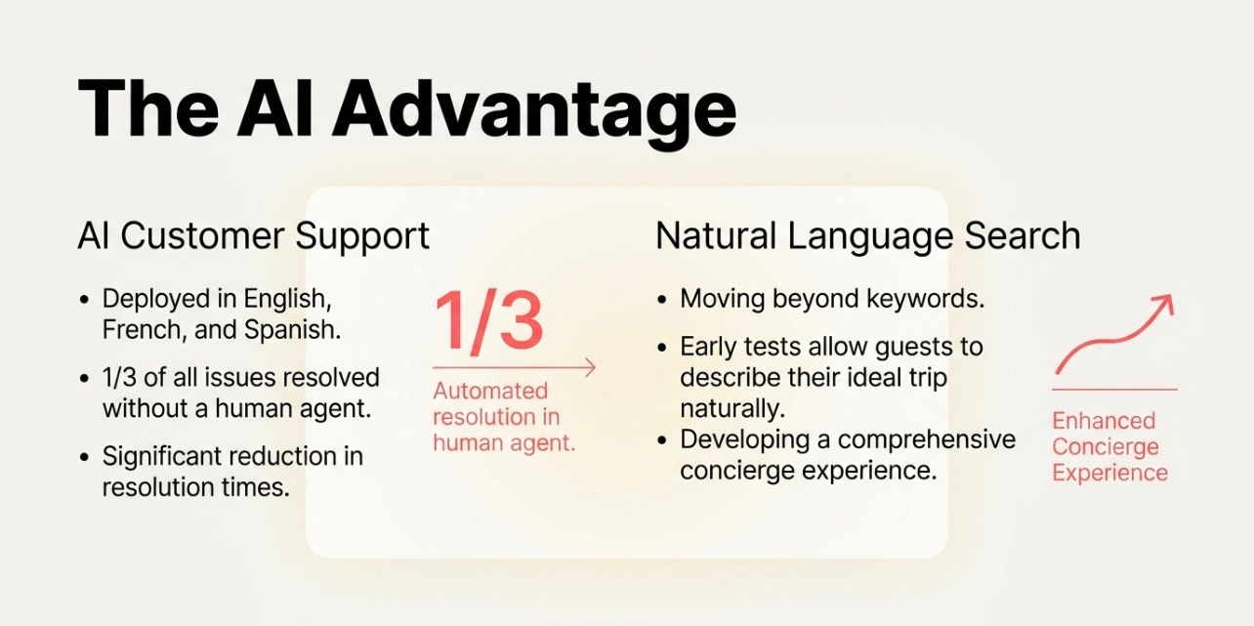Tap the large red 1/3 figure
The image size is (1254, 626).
click(x=488, y=322)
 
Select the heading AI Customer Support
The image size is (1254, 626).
click(x=254, y=236)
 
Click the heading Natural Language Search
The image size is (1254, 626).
click(x=867, y=235)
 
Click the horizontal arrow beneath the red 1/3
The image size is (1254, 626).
click(x=514, y=368)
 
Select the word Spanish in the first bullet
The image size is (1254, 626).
click(x=292, y=330)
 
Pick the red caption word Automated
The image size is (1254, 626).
click(x=490, y=391)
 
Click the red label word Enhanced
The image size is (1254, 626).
click(x=1104, y=421)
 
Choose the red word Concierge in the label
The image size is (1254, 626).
click(x=1106, y=447)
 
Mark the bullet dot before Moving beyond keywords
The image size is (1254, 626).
click(x=662, y=300)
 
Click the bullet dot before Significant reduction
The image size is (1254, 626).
click(x=85, y=457)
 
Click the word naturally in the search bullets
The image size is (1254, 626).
click(x=732, y=409)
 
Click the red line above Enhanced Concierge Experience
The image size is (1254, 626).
click(x=1114, y=389)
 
